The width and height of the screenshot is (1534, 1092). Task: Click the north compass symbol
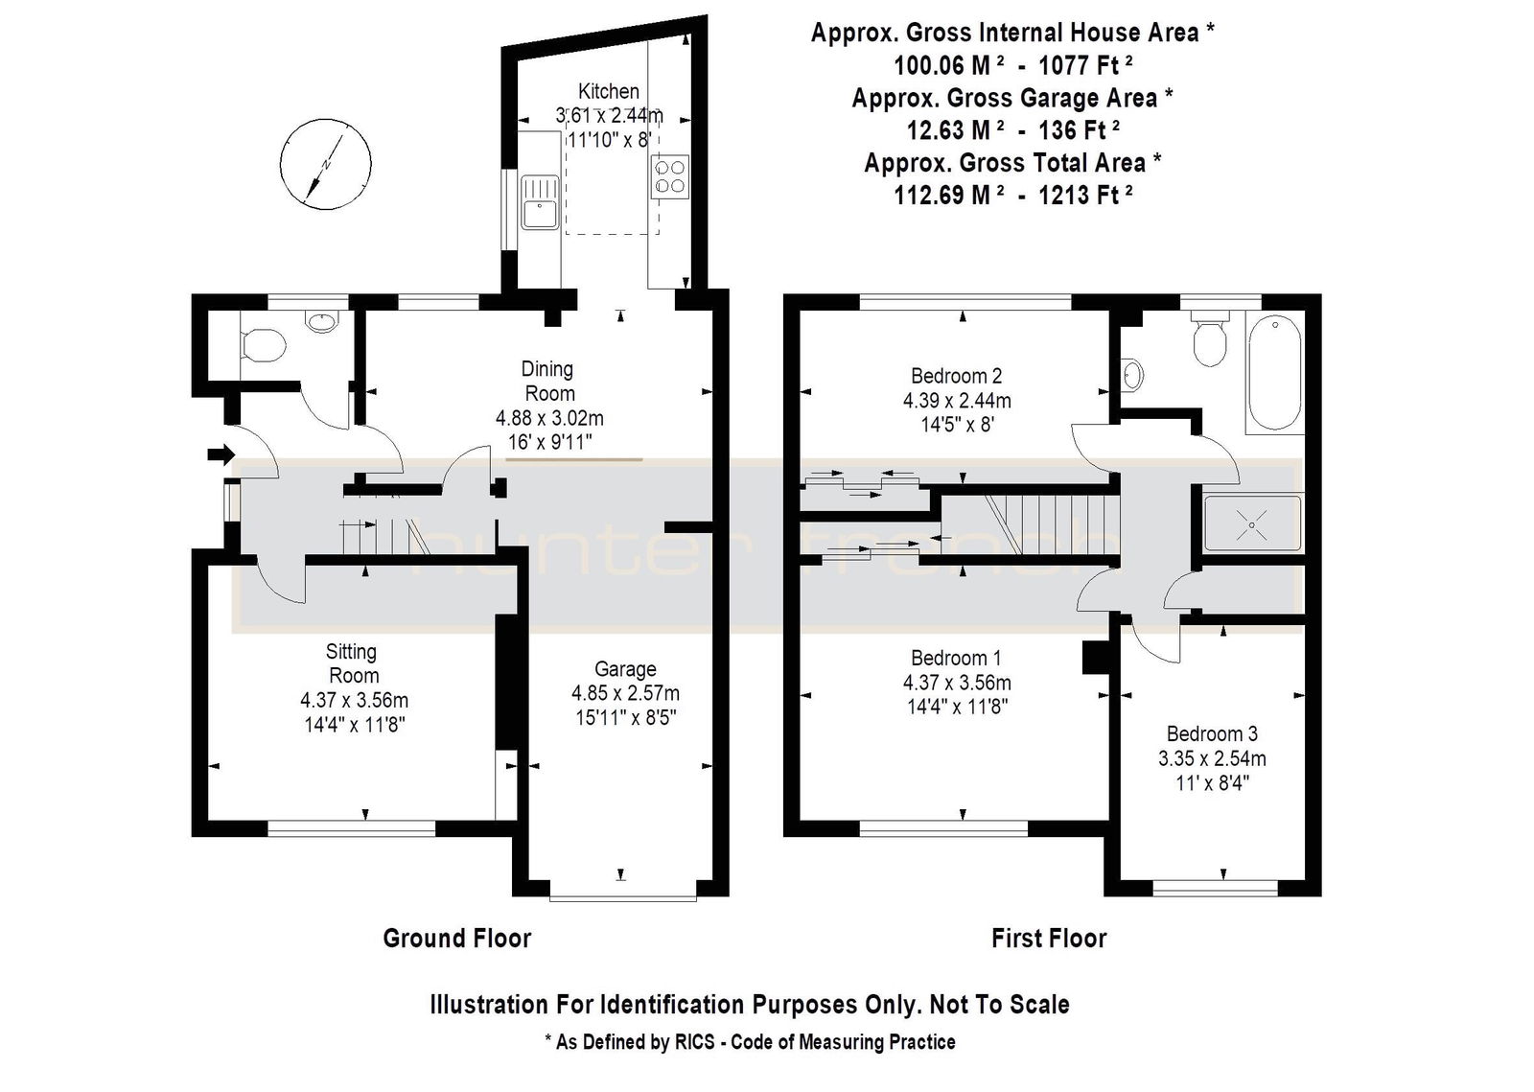(326, 164)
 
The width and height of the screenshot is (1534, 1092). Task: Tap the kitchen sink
(541, 202)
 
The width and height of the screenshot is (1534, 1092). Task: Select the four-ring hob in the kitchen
(670, 176)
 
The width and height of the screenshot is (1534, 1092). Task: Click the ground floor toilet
(263, 345)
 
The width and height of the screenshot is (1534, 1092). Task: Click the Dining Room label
(548, 382)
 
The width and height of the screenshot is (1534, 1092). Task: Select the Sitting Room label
(352, 663)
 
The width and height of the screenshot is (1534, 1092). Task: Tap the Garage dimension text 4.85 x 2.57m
(625, 693)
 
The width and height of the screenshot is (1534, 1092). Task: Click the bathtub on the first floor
(1274, 373)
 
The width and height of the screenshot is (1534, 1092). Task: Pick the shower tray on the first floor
(1252, 523)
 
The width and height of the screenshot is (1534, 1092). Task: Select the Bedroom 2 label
(957, 376)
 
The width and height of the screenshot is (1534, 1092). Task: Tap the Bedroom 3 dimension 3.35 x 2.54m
(1212, 758)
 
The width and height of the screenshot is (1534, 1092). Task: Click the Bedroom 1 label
(956, 658)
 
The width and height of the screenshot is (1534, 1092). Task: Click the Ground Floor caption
(456, 938)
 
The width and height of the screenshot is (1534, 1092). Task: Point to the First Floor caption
(1049, 938)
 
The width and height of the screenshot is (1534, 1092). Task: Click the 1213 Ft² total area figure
(1085, 196)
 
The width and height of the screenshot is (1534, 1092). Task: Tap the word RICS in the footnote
(694, 1042)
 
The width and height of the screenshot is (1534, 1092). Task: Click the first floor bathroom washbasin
(1132, 375)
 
